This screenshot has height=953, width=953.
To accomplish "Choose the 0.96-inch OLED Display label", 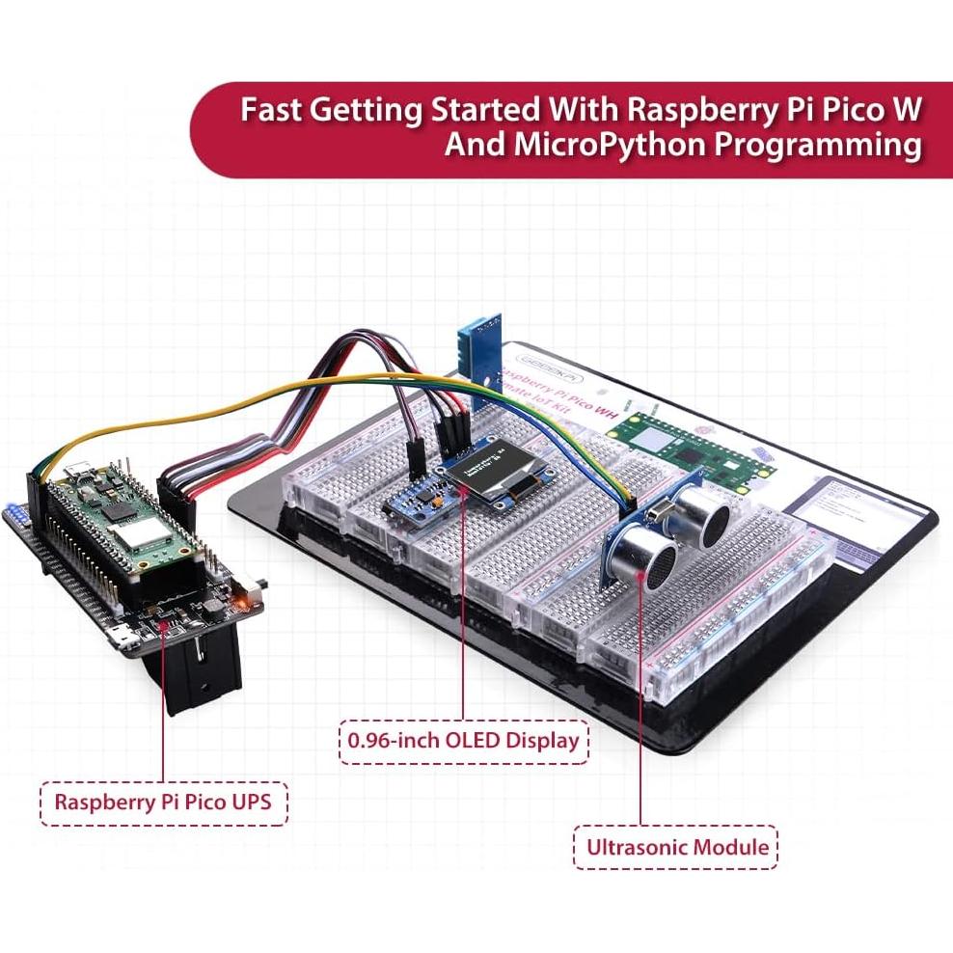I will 463,740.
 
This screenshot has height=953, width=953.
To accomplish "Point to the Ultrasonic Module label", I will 675,847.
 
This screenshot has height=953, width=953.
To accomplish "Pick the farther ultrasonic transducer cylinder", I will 704,512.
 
